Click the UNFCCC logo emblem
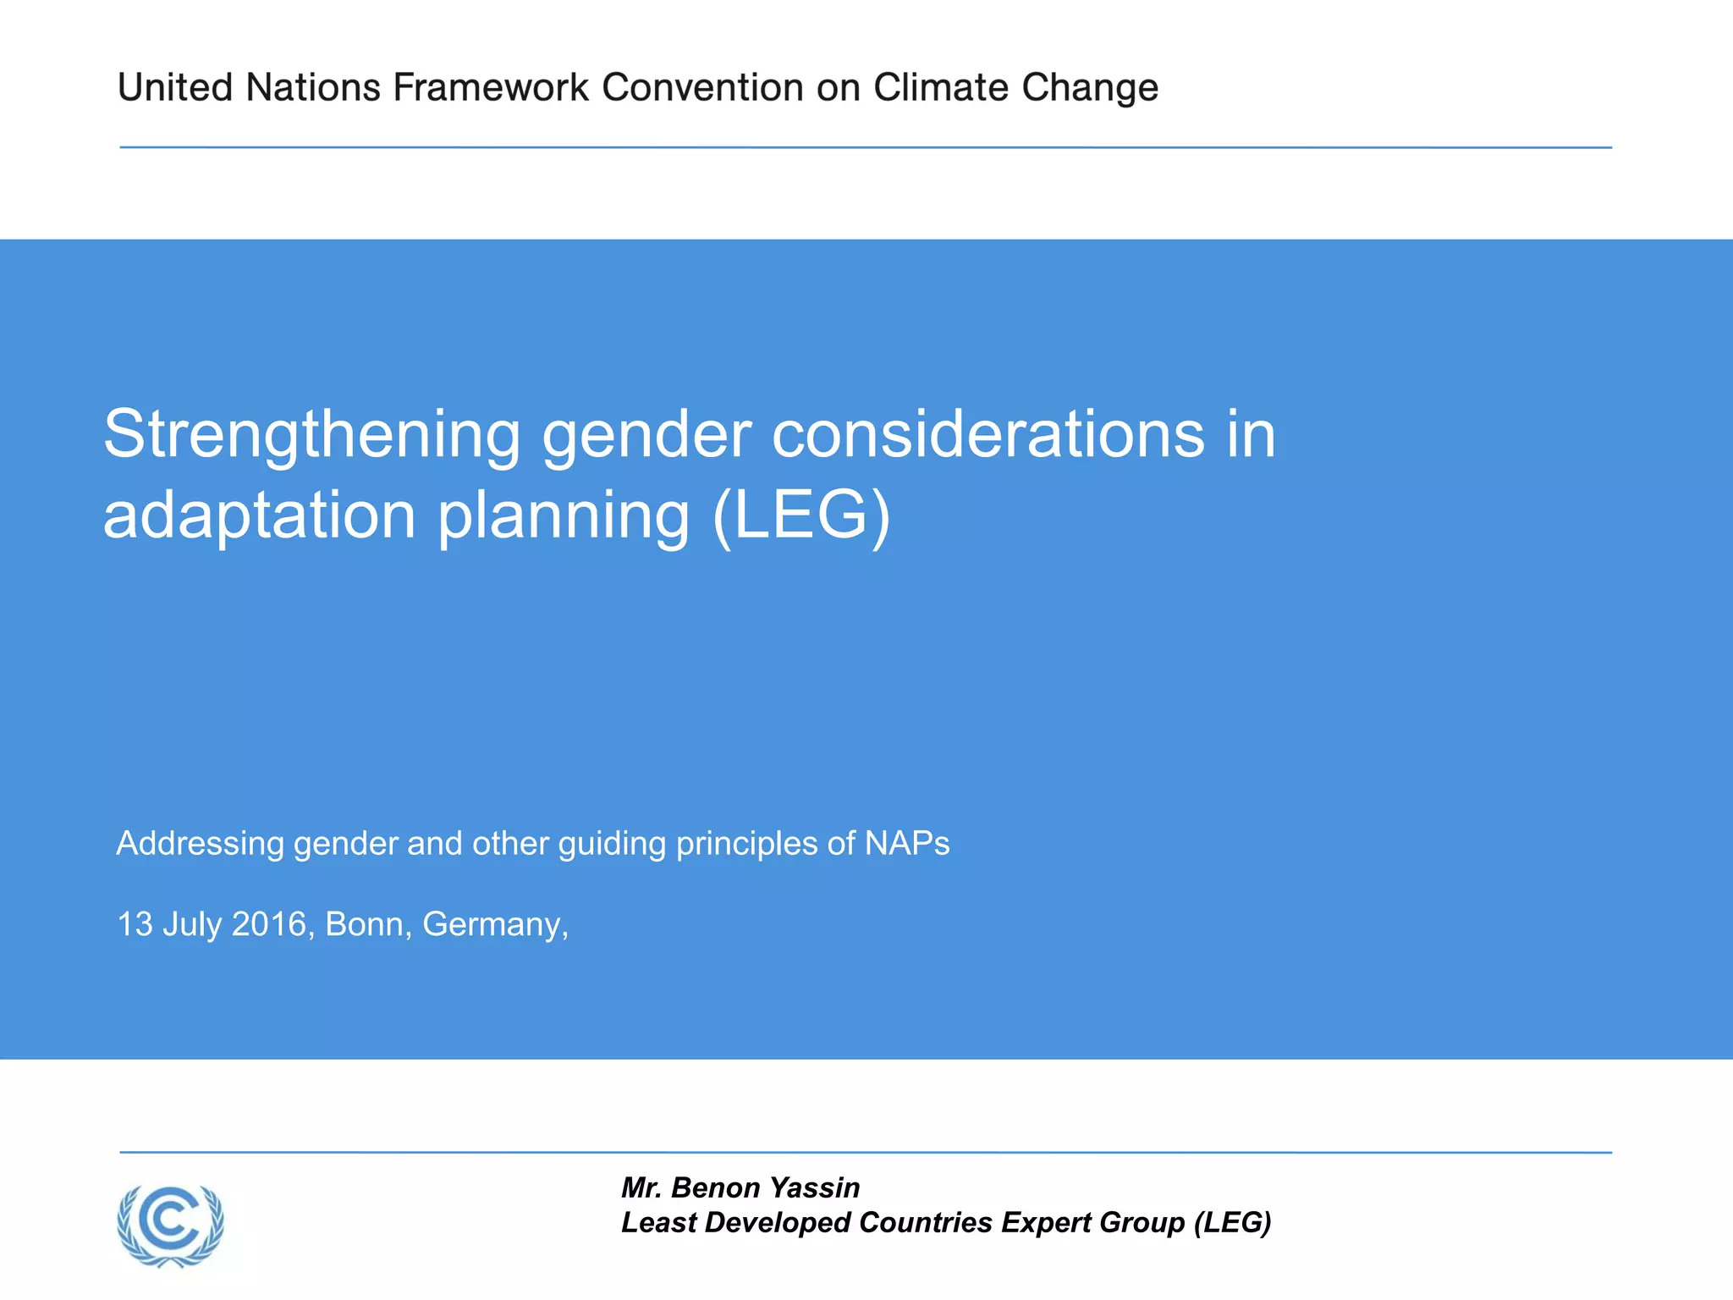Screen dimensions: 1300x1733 171,1226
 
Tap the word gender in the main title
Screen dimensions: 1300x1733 646,435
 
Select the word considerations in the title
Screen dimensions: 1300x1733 988,433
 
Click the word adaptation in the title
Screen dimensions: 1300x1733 259,516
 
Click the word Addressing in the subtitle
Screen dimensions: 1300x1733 200,844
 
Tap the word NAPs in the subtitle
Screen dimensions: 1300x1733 907,843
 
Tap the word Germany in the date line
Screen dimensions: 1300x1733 494,925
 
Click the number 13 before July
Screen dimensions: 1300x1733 135,924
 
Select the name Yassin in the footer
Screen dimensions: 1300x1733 815,1187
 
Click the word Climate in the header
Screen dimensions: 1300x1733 941,88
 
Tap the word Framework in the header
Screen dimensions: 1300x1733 491,88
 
